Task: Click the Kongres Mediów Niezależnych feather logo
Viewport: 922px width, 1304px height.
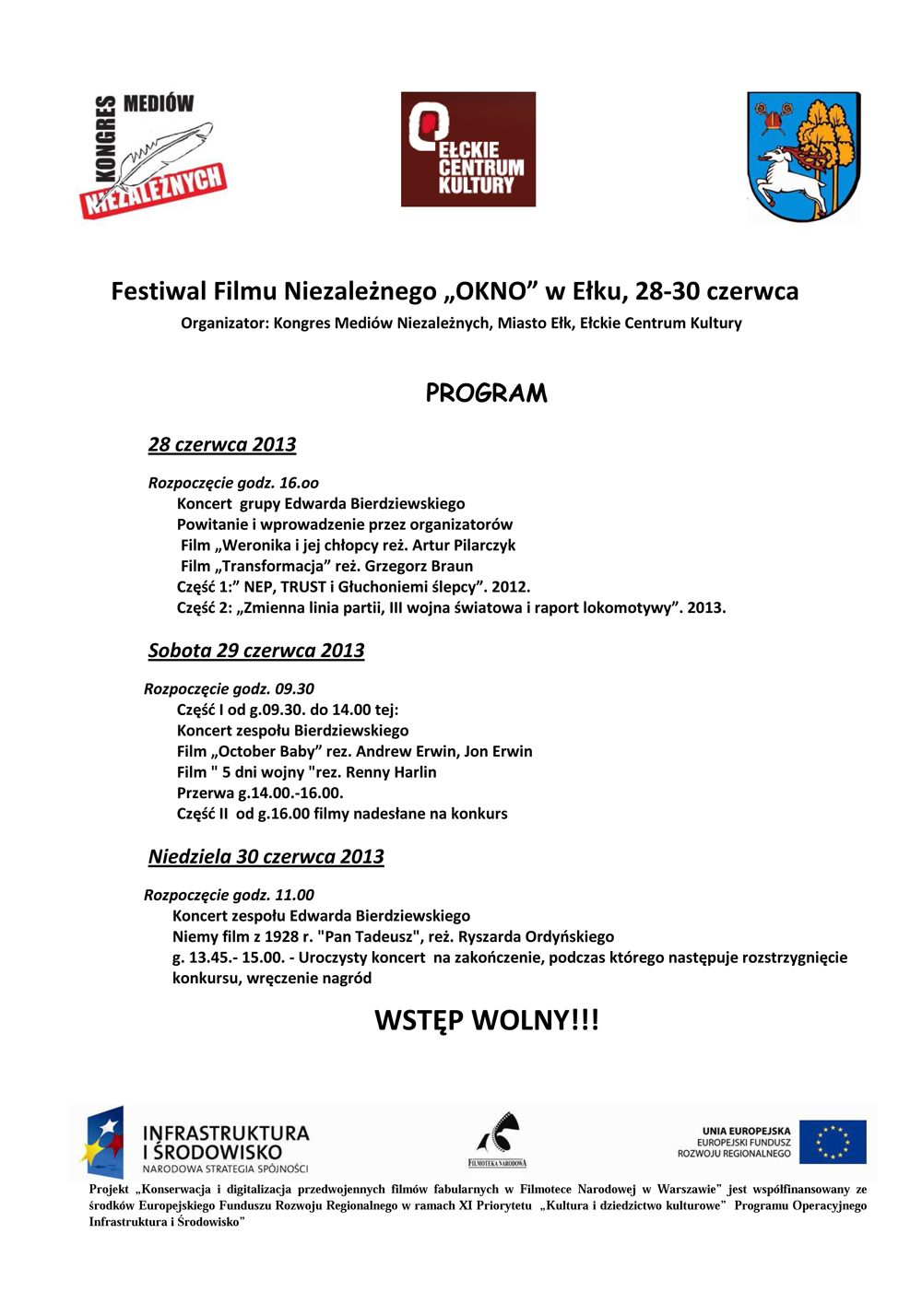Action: (x=153, y=156)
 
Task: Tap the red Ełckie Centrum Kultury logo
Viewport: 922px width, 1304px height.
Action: (x=468, y=149)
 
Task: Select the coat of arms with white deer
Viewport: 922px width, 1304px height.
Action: (x=803, y=157)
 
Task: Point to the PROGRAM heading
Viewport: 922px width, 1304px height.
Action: (x=486, y=394)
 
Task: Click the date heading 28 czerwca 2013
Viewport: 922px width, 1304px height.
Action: (x=222, y=445)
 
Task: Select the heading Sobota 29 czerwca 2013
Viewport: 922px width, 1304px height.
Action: (x=256, y=651)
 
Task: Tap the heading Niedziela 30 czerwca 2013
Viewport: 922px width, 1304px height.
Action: (x=266, y=857)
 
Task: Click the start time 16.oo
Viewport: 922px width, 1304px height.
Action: (x=299, y=483)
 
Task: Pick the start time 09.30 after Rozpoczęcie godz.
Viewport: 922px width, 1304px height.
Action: (x=294, y=689)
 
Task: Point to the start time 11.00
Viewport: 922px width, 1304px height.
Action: (x=294, y=896)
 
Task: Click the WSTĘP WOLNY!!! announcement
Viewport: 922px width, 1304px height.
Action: (x=487, y=1020)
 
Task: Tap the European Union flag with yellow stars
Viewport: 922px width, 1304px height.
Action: (x=833, y=1142)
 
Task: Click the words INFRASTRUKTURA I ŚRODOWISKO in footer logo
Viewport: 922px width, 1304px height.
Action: (x=226, y=1143)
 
